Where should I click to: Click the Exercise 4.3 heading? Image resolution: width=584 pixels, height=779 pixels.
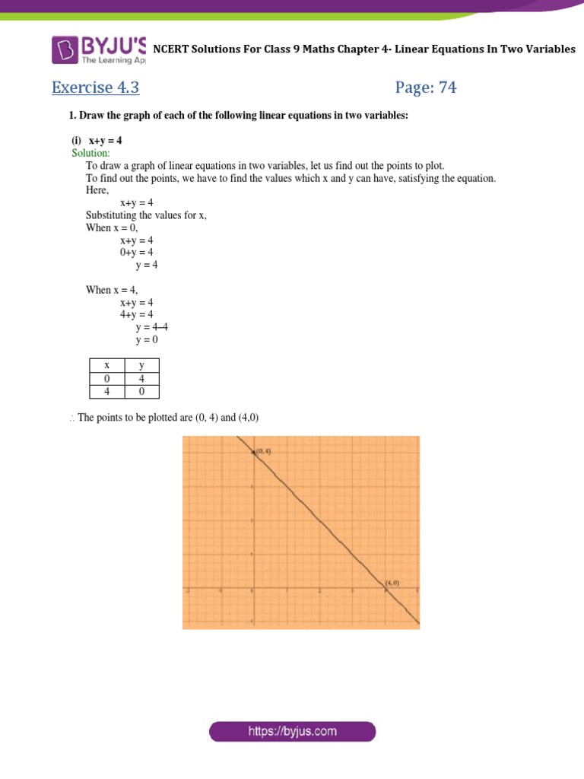point(95,87)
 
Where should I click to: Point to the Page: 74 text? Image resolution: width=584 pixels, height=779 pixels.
point(426,87)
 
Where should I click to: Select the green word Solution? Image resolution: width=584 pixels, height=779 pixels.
point(90,153)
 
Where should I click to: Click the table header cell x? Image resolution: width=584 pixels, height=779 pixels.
point(107,366)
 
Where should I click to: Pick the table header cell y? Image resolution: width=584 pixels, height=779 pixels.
point(141,366)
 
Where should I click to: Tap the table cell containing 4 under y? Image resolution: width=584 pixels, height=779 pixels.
point(141,379)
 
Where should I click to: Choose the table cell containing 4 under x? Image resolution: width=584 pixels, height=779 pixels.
point(107,392)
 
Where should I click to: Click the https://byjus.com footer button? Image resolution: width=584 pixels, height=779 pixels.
point(293,732)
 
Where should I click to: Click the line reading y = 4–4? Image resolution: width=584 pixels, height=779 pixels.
point(151,327)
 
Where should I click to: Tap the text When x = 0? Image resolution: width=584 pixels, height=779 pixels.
point(113,227)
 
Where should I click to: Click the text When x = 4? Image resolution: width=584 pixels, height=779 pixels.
point(113,290)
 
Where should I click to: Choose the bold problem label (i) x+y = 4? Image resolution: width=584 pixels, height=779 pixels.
point(96,141)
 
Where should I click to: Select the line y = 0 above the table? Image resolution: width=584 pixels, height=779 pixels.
point(147,339)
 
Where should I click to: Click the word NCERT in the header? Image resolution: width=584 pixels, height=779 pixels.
point(173,49)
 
